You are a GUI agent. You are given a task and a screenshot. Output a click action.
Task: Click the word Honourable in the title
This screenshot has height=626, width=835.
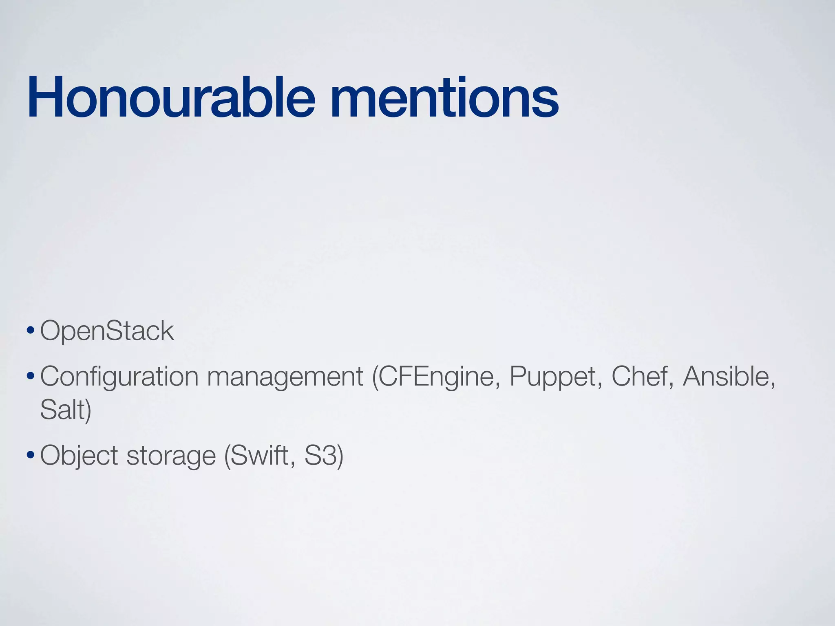[171, 98]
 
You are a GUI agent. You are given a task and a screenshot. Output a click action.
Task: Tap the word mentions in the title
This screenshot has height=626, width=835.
[444, 98]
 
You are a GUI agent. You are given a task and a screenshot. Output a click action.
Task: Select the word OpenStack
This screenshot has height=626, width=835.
[107, 331]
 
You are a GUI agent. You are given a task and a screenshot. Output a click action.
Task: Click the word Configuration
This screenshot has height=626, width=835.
[119, 377]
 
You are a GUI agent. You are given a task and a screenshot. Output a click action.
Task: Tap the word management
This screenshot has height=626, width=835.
[285, 377]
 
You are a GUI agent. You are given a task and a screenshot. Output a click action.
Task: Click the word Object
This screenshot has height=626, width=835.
[79, 456]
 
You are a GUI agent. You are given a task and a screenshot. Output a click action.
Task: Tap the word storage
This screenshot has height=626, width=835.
[171, 456]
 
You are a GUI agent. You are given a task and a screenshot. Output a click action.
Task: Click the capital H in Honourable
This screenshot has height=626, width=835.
[44, 98]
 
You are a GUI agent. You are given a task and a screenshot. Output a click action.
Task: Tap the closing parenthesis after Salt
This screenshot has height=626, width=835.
[88, 410]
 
